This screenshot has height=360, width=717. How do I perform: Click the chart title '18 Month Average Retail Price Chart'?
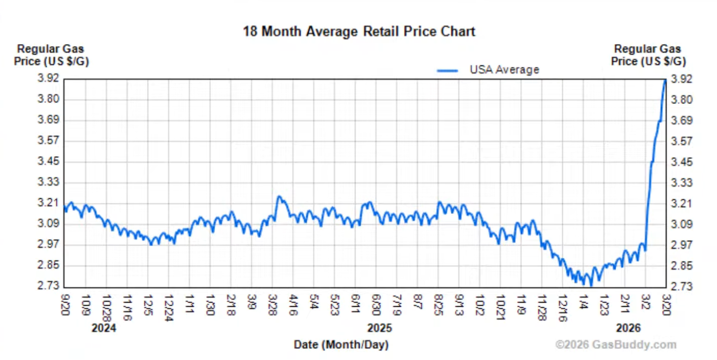[359, 32]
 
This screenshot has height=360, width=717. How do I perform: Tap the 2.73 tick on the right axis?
[682, 286]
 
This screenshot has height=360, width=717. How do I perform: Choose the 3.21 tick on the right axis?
[682, 203]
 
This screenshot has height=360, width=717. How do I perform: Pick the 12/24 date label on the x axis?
[170, 306]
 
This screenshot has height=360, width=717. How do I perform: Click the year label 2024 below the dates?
[104, 328]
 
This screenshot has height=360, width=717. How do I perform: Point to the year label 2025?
[379, 328]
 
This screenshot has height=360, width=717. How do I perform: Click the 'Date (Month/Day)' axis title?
[341, 345]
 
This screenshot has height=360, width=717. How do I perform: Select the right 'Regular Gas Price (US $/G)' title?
[647, 55]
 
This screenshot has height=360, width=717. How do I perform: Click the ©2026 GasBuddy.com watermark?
[616, 345]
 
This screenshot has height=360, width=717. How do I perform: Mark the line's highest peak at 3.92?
[665, 80]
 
